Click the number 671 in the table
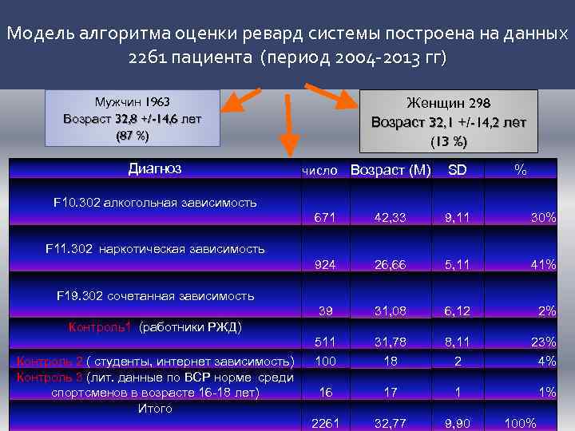click(x=324, y=217)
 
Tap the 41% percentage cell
click(x=542, y=264)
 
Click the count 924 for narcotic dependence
click(x=324, y=264)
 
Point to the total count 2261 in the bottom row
click(x=323, y=423)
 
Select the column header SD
click(x=457, y=171)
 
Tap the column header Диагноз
click(x=155, y=168)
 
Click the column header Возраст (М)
click(x=391, y=171)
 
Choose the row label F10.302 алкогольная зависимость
click(x=155, y=202)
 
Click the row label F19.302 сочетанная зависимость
click(x=155, y=296)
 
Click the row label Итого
click(x=155, y=409)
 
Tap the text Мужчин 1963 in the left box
click(x=133, y=103)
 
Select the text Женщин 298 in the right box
click(x=448, y=104)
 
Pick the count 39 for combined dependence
click(x=324, y=310)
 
